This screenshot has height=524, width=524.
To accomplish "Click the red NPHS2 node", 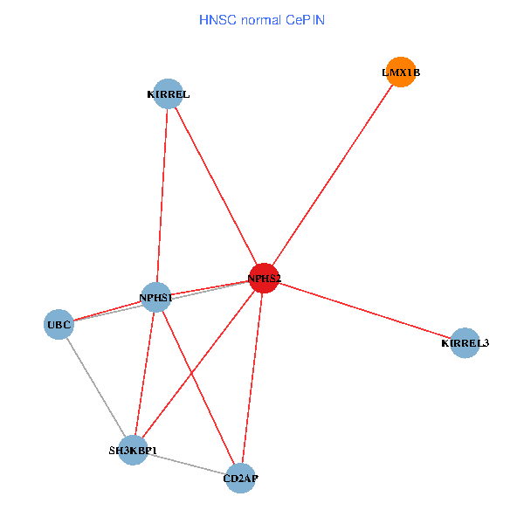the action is coord(264,279).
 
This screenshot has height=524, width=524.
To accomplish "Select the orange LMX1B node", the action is coord(401,73).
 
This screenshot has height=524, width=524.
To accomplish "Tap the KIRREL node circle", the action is coord(168,93).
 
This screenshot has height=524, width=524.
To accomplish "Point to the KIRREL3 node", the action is coord(465,343).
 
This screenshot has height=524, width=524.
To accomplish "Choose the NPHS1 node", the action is coord(155,298).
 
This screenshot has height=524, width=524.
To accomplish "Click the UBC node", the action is coord(59,325).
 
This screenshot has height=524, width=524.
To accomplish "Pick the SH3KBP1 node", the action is coord(133,451).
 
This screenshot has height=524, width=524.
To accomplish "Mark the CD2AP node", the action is coord(241,478).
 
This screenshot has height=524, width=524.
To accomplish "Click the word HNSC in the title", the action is coord(215,19).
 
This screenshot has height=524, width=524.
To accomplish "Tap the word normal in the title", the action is coord(259,19).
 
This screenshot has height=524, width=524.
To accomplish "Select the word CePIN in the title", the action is coord(305,19).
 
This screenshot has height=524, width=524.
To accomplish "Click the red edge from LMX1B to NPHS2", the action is coord(333,176).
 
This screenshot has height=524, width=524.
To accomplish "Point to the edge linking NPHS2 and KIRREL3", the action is coord(364,311).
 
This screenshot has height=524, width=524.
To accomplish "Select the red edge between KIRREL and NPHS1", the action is coord(162,196).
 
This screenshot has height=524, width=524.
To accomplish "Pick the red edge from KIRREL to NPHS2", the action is coord(216,186).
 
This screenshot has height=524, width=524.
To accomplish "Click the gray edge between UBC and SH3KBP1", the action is coord(96,388).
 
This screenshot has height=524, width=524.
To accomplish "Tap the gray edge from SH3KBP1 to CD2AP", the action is coord(187,464).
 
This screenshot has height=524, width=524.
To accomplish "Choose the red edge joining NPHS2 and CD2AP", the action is coord(252,378).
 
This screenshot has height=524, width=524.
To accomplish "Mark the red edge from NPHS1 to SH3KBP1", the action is coord(144,374).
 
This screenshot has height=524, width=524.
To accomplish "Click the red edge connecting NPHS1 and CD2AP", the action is coord(198,388).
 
